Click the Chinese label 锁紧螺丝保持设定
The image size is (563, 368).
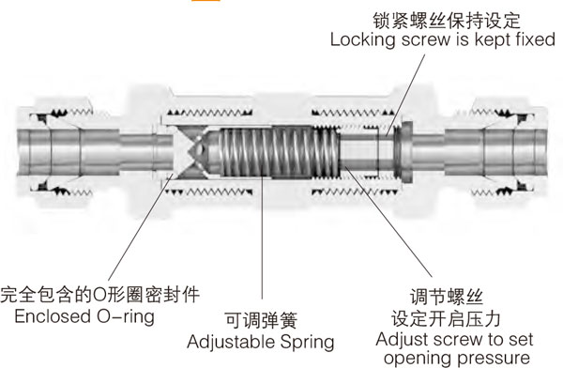click(x=453, y=20)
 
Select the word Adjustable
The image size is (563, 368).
click(x=233, y=339)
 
